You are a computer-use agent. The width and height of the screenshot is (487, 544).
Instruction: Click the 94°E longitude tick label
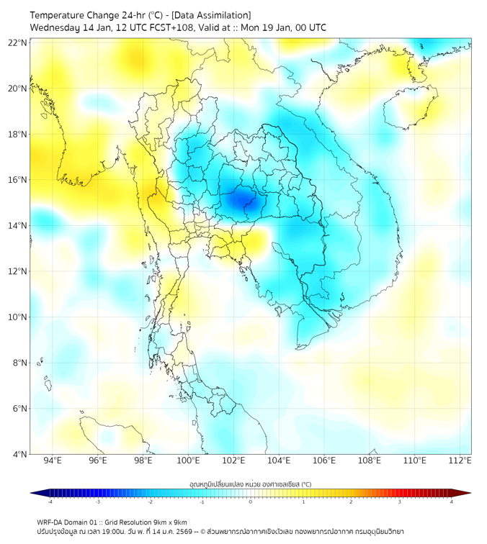tap(53, 461)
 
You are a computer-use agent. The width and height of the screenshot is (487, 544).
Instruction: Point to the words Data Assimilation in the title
tap(213, 14)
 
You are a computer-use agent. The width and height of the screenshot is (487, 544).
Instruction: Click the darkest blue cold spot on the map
tap(241, 196)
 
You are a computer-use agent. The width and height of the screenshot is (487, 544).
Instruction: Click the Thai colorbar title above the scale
tap(250, 484)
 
